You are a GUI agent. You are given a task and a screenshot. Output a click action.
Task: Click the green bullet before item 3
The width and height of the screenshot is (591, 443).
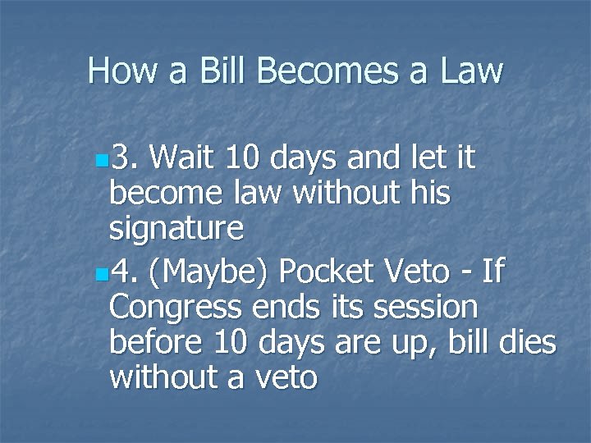[x=100, y=157]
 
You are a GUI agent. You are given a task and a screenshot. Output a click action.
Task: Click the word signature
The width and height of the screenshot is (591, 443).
[x=176, y=229]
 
